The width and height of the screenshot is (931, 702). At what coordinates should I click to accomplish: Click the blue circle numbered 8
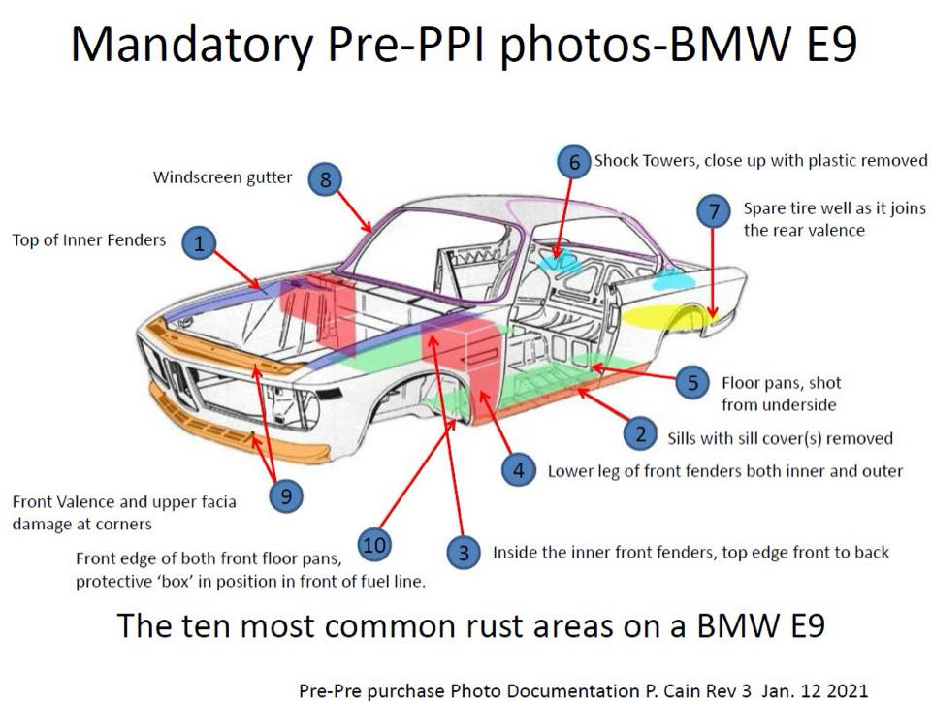pyautogui.click(x=325, y=178)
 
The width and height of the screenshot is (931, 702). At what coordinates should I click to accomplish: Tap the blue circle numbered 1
pyautogui.click(x=199, y=242)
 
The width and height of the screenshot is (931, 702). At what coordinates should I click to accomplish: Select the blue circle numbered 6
pyautogui.click(x=573, y=161)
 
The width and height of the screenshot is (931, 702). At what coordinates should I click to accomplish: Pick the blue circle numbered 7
pyautogui.click(x=714, y=210)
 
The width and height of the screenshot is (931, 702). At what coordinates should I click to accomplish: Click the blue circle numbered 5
pyautogui.click(x=692, y=382)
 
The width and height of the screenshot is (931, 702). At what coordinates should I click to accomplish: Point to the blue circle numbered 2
pyautogui.click(x=639, y=433)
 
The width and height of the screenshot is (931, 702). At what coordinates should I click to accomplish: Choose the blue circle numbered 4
pyautogui.click(x=518, y=470)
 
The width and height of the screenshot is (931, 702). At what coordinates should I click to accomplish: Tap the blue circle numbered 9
pyautogui.click(x=286, y=495)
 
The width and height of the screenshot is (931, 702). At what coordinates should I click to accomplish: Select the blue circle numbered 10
pyautogui.click(x=374, y=544)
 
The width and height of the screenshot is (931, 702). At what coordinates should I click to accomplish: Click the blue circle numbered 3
pyautogui.click(x=464, y=553)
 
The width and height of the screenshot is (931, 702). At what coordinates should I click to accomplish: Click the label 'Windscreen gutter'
pyautogui.click(x=223, y=177)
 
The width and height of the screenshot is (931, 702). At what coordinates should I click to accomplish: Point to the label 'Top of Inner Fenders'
pyautogui.click(x=89, y=240)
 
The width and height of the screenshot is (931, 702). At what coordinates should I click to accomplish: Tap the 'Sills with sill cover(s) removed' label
pyautogui.click(x=780, y=438)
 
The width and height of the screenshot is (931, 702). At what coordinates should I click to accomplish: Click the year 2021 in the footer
pyautogui.click(x=846, y=690)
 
